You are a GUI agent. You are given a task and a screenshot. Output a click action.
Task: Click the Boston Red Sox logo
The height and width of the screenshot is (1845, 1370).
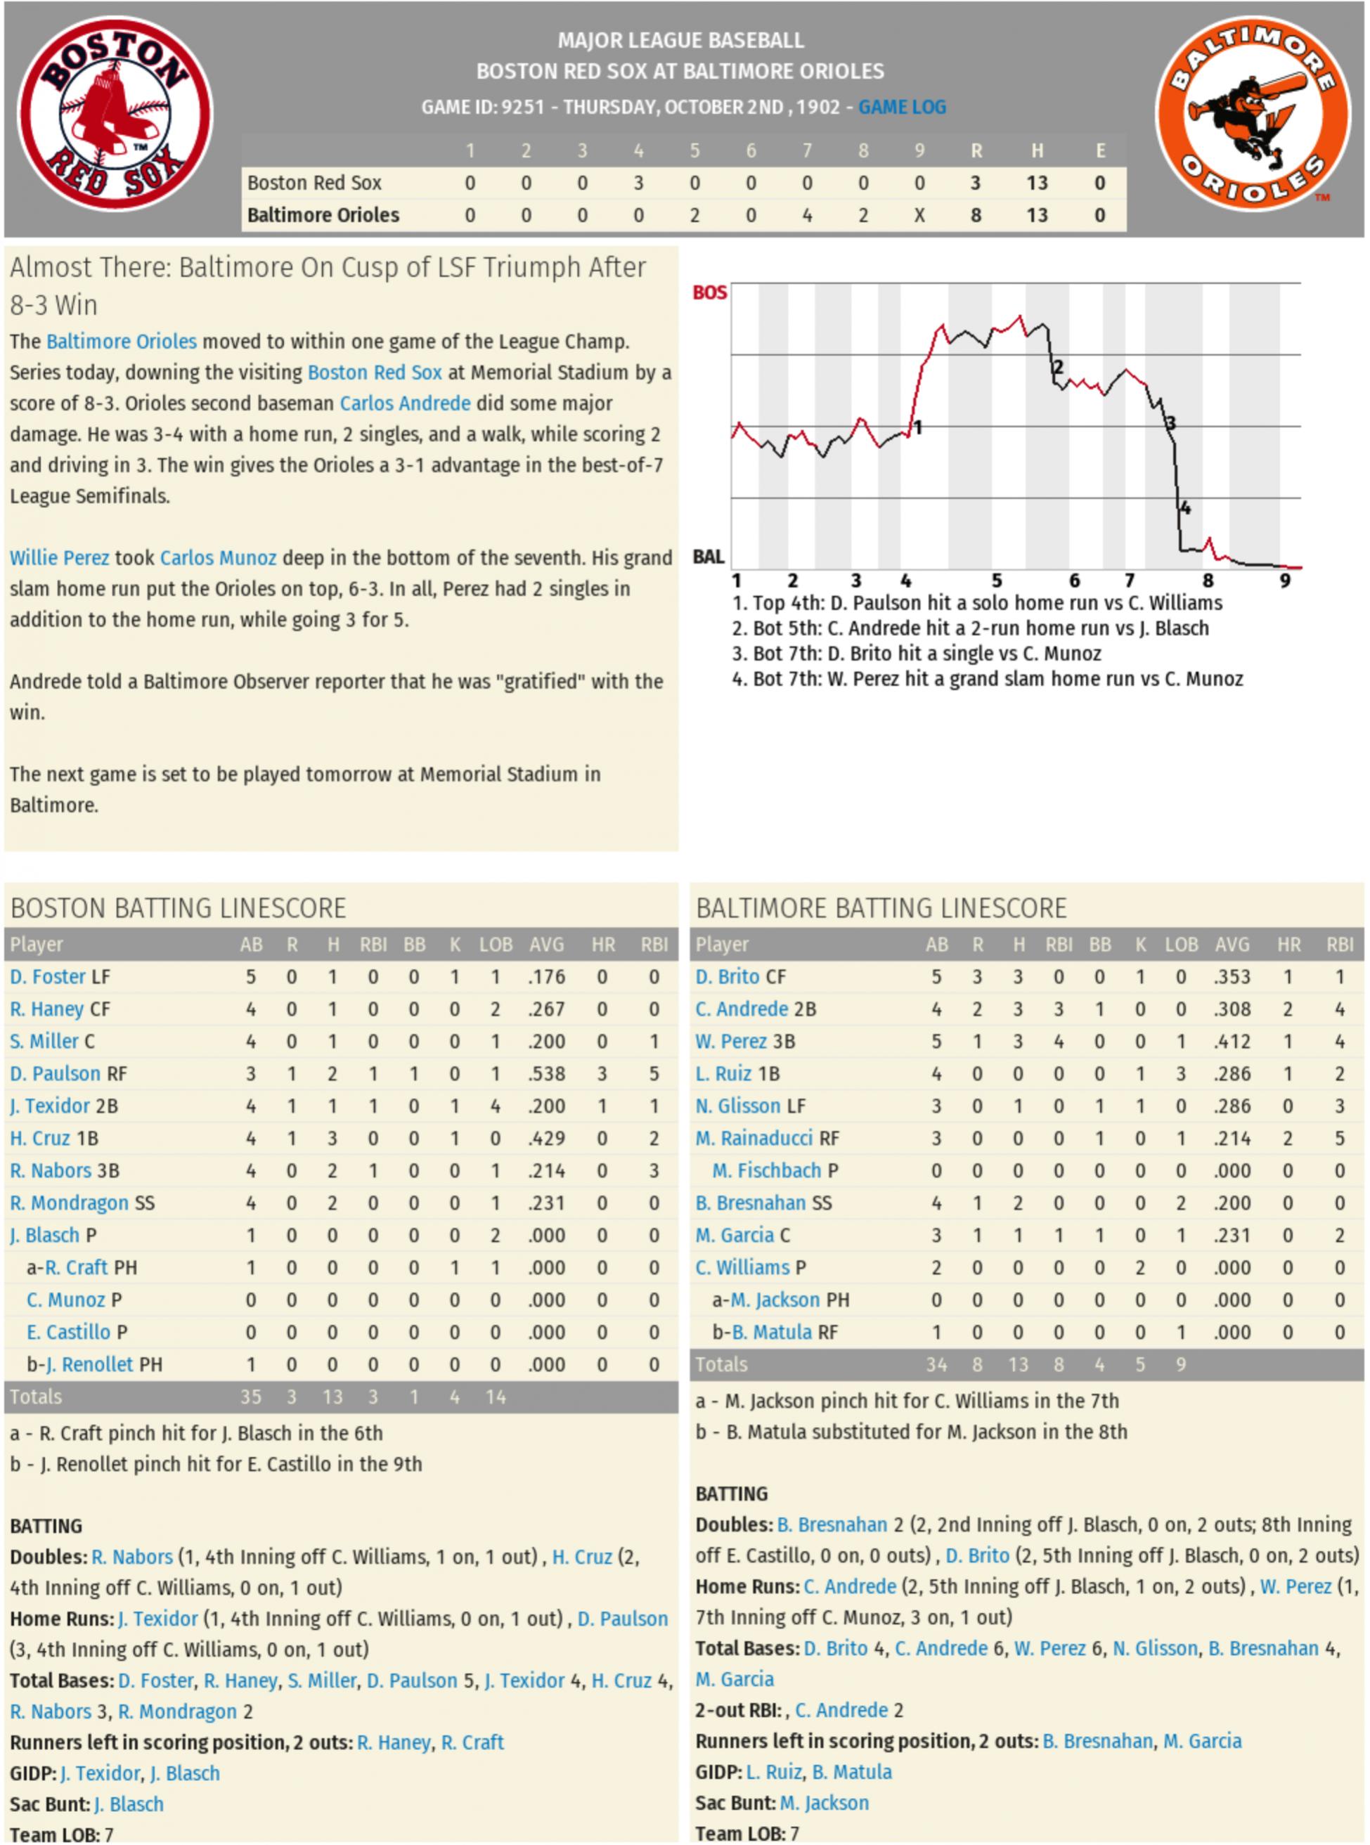click(x=115, y=114)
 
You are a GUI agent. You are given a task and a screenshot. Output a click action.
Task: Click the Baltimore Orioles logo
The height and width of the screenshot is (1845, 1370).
click(x=1253, y=114)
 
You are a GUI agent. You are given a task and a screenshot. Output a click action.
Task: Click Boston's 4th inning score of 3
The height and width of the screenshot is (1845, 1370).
click(x=638, y=183)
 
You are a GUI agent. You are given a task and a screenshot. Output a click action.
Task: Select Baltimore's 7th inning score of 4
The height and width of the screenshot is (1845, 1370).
click(x=806, y=215)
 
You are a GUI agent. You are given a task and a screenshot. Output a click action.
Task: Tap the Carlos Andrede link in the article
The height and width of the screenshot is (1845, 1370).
click(x=405, y=403)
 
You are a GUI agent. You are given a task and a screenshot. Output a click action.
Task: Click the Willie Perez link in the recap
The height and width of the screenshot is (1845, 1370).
click(x=59, y=557)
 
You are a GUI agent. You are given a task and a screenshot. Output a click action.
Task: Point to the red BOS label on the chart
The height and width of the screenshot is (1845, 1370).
click(x=709, y=292)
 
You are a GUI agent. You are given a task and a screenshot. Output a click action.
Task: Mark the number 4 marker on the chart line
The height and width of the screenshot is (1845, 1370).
click(x=1185, y=507)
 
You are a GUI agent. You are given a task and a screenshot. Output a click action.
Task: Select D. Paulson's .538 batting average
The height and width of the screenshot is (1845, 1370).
click(x=546, y=1073)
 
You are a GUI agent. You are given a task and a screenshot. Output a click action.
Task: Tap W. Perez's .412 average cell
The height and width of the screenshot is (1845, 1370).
click(x=1232, y=1041)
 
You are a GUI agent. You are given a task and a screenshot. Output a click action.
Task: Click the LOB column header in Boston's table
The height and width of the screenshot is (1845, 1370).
click(x=495, y=944)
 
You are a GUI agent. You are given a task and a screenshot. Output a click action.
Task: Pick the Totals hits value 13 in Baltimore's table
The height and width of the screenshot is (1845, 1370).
click(x=1018, y=1364)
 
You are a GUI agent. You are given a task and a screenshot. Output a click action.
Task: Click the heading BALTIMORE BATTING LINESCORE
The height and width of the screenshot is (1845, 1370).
click(x=881, y=908)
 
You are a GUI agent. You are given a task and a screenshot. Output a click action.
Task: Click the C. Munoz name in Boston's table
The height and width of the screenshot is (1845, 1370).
click(x=65, y=1300)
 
